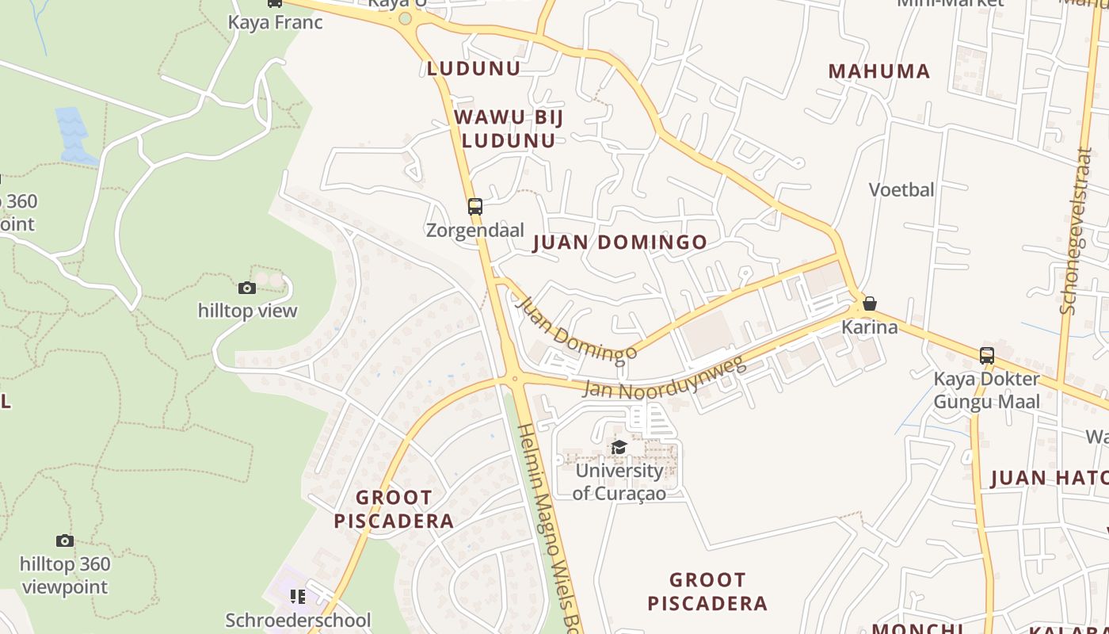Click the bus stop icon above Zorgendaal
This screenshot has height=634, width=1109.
[474, 207]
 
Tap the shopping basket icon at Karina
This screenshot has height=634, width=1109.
[869, 304]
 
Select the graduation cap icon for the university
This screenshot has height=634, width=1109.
[619, 448]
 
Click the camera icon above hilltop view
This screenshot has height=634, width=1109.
[247, 288]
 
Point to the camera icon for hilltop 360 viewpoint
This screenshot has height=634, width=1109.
[65, 541]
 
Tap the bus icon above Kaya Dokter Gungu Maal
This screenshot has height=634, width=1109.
[986, 356]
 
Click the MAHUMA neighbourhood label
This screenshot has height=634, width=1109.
[878, 71]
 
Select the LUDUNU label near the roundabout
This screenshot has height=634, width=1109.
[474, 68]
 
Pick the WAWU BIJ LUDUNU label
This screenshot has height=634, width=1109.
[508, 129]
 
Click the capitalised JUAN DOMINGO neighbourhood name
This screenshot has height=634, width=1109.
[619, 243]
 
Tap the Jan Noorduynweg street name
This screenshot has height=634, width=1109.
[664, 377]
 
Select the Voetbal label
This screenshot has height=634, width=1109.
[901, 190]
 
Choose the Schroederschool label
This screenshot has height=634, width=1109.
[298, 620]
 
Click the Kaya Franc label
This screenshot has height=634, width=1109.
[275, 22]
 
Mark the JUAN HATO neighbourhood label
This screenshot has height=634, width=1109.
[1049, 479]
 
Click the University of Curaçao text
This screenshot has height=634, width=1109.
[619, 482]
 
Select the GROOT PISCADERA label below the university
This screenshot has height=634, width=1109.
[707, 591]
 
